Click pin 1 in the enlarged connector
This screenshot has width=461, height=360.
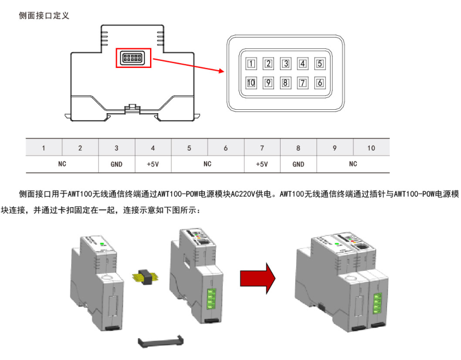coord(251,64)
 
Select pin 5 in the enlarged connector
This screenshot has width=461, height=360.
coord(320,64)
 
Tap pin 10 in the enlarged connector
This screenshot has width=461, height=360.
coord(251,83)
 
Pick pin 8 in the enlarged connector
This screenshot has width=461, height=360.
coord(285,83)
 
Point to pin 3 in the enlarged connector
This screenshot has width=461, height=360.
coord(285,64)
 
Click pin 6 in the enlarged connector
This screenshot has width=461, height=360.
coord(320,83)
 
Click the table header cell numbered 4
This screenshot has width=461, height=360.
coord(153,148)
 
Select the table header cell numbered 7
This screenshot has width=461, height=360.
coord(262,148)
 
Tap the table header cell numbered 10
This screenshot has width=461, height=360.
coord(371,148)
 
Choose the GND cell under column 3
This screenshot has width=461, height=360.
coord(116,164)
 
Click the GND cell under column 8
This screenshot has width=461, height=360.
coord(298,164)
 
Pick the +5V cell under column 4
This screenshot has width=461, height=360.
coord(153,164)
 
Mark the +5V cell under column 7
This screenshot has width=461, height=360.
coord(262,164)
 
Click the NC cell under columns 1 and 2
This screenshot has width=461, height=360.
coord(62,164)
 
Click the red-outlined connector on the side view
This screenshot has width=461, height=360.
coord(133,58)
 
